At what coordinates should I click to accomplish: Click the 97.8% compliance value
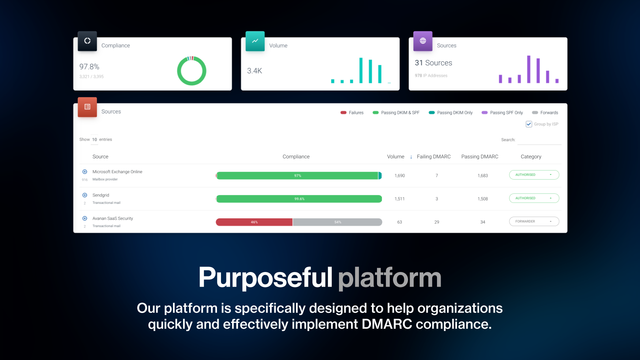(89, 67)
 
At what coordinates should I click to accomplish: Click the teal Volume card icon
(255, 41)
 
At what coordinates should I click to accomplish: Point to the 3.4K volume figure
(255, 71)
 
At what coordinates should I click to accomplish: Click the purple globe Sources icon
(423, 41)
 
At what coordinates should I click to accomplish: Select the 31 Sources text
(433, 63)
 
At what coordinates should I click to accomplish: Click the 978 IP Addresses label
(431, 76)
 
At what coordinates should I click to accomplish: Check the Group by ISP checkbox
(529, 124)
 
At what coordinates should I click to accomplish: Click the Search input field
(539, 140)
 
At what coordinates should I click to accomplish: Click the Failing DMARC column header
(433, 157)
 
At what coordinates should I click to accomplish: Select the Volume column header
(396, 157)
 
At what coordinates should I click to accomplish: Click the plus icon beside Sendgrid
(85, 195)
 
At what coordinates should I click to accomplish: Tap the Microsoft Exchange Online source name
(117, 172)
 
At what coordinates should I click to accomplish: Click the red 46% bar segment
(254, 222)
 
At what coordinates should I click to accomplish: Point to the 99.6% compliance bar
(299, 199)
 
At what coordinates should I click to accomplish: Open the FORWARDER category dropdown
(534, 221)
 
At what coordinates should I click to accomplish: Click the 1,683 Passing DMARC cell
(482, 176)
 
